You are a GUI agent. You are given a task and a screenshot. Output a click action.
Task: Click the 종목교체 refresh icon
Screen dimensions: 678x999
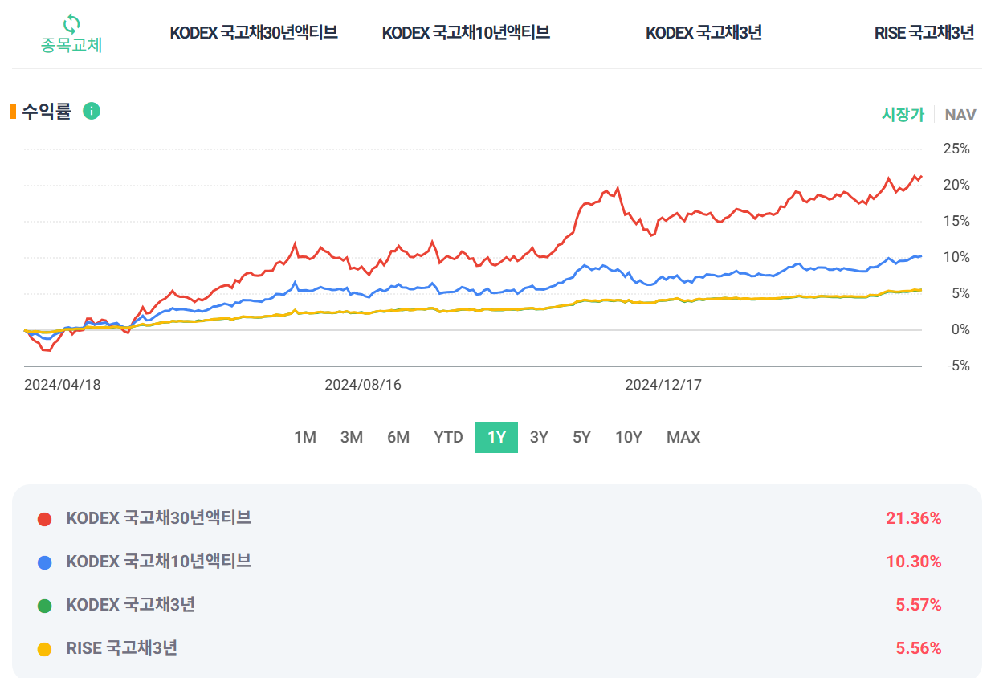tap(71, 22)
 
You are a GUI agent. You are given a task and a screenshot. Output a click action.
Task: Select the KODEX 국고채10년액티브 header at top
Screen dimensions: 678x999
tap(466, 33)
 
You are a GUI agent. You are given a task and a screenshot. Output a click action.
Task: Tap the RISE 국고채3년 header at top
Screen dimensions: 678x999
tap(924, 33)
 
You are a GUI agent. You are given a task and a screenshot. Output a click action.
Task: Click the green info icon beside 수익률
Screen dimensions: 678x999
tap(92, 112)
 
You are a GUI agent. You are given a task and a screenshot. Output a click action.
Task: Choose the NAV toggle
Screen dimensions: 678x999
tap(960, 115)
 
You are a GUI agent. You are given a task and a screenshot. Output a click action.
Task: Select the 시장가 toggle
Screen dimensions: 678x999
tap(903, 115)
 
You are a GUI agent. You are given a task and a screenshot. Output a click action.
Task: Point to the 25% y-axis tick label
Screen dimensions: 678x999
tap(956, 149)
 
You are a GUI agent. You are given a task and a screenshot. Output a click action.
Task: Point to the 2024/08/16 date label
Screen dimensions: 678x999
tap(363, 385)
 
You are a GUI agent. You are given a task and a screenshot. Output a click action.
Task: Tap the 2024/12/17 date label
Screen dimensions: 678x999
tap(663, 385)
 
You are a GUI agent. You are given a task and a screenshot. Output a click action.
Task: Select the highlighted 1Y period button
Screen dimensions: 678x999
tap(496, 438)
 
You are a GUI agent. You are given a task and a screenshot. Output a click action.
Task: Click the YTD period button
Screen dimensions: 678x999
tap(448, 438)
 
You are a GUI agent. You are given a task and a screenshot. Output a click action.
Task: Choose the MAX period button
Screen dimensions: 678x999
tap(683, 438)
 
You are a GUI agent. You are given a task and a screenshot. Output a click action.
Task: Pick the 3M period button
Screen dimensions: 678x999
tap(352, 438)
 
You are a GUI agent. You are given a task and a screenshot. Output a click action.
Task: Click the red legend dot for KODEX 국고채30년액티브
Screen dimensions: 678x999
tap(45, 519)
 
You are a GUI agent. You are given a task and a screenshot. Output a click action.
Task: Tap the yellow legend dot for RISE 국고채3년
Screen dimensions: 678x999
tap(45, 649)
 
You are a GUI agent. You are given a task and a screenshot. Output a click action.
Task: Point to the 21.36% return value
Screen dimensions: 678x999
tap(913, 519)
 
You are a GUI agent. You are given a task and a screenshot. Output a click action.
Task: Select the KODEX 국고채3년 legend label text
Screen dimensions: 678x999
tap(130, 605)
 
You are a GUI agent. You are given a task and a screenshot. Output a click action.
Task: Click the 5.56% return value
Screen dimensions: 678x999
tap(918, 649)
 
